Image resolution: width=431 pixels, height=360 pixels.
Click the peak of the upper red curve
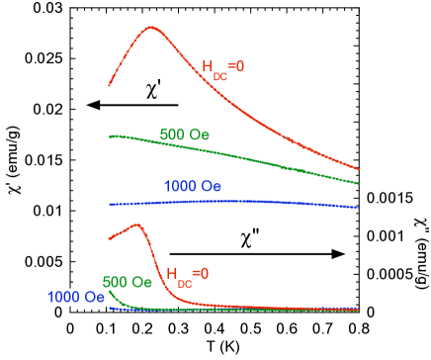click(151, 28)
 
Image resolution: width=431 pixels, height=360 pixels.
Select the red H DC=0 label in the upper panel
click(222, 69)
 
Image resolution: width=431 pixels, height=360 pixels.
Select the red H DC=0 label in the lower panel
click(187, 274)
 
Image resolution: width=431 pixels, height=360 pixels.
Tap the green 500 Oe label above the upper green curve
click(184, 135)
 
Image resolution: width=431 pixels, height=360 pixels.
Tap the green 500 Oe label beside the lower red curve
click(127, 282)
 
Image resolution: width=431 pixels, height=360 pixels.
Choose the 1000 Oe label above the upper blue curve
click(193, 186)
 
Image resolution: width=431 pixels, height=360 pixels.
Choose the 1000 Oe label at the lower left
click(76, 297)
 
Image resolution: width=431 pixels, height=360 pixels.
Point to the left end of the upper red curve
click(109, 86)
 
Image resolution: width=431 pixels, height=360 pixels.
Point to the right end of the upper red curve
click(359, 168)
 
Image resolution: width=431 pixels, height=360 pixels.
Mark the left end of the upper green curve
click(109, 135)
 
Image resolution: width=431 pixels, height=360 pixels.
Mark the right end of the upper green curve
click(359, 183)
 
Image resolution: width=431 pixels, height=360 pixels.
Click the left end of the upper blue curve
click(109, 204)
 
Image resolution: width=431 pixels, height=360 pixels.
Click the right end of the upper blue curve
click(359, 208)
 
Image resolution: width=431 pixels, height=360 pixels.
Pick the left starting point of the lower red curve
click(109, 239)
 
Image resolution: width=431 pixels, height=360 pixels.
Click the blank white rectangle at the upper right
click(394, 90)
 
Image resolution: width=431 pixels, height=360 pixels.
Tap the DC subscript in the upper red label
click(219, 75)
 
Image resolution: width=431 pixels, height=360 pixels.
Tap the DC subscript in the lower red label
click(184, 281)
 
